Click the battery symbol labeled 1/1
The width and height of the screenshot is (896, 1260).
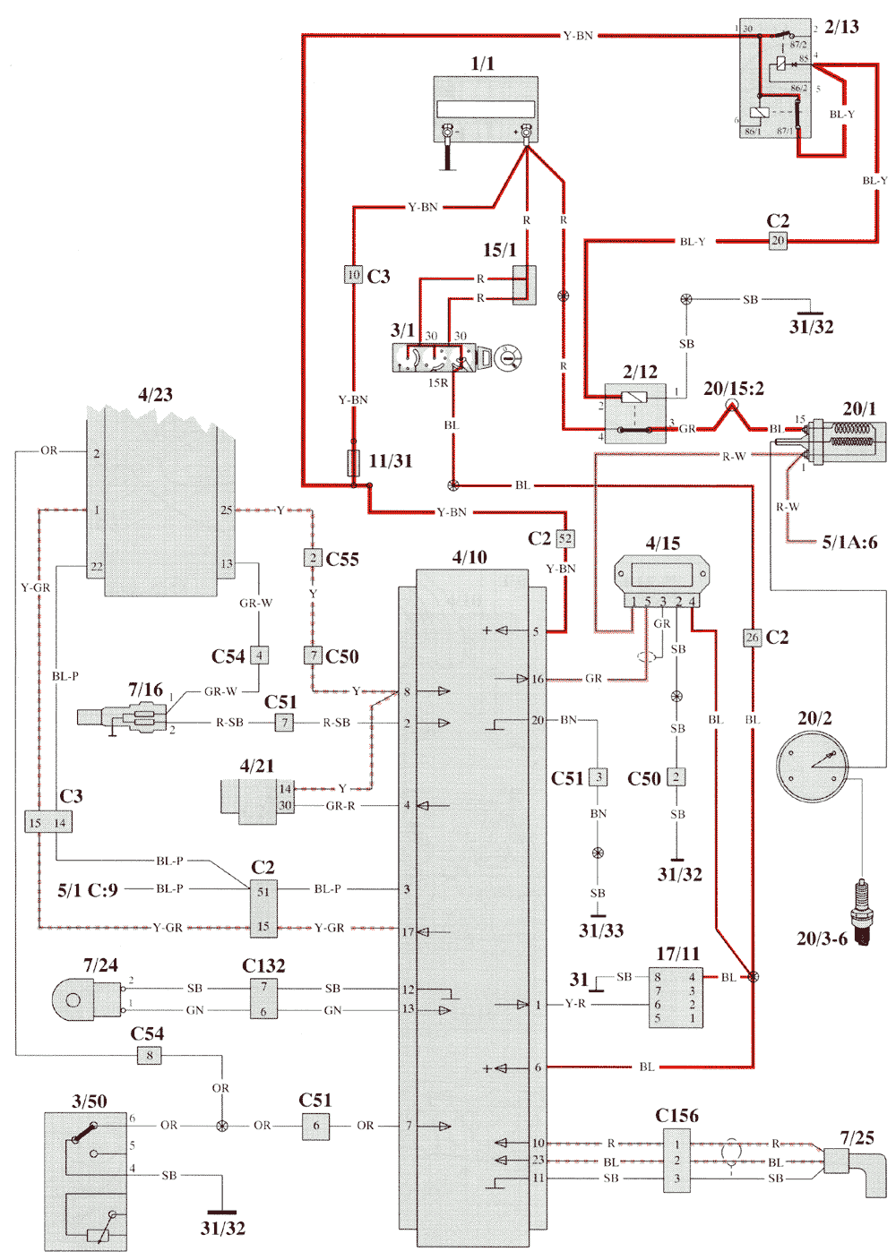[486, 108]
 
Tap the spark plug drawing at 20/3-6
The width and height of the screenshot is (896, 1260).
[862, 911]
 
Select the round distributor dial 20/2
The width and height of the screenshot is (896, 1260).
[812, 767]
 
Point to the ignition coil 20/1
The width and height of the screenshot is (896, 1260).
[847, 441]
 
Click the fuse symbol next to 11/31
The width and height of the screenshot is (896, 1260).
[353, 462]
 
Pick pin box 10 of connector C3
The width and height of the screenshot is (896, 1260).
[353, 275]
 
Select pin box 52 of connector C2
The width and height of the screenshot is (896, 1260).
[564, 538]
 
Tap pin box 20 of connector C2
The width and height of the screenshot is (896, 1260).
[778, 240]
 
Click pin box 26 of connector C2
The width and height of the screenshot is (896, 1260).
[753, 638]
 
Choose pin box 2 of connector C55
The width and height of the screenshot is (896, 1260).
[313, 558]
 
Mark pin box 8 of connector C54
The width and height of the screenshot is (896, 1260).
[150, 1055]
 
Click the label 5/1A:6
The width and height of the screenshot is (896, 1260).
[849, 542]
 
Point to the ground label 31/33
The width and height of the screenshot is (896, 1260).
[600, 930]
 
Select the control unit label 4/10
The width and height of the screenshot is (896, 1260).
[470, 557]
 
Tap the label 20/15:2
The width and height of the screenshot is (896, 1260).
[733, 388]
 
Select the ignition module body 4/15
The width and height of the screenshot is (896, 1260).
[661, 575]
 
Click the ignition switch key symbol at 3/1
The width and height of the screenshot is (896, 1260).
[508, 357]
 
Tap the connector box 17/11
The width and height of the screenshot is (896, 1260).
[676, 997]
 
